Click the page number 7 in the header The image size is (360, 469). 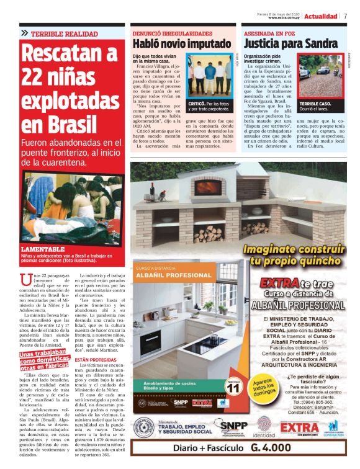[346, 16]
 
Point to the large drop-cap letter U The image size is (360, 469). [25, 280]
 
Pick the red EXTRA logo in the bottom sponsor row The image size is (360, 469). [299, 427]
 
